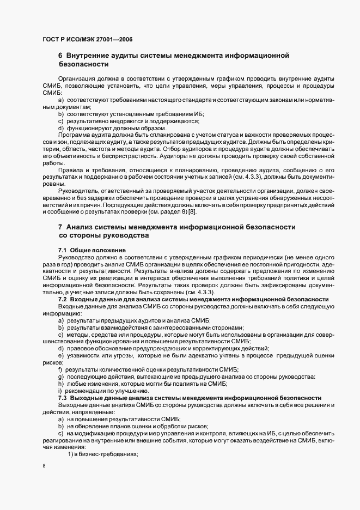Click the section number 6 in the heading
click(x=60, y=55)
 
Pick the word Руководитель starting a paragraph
click(x=80, y=190)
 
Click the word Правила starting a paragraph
click(x=71, y=169)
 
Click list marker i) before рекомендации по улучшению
click(x=59, y=391)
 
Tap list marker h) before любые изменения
click(x=60, y=384)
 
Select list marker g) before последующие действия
click(x=60, y=377)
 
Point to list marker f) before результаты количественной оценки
click(x=60, y=370)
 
